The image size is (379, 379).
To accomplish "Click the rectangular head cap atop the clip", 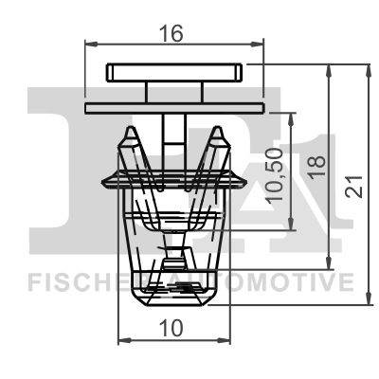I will point(173,73).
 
